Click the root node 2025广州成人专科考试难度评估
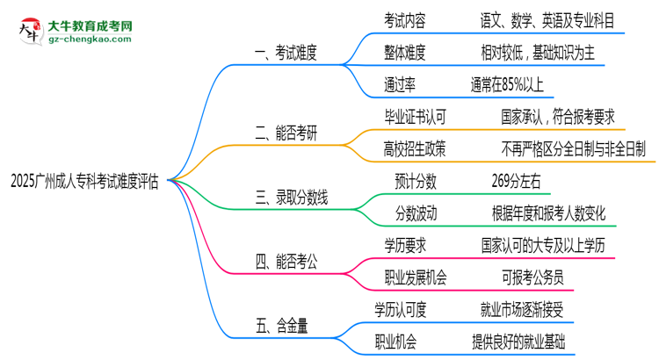85,180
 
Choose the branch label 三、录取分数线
291,199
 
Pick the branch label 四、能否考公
285,262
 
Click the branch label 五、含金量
279,327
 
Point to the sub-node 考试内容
404,18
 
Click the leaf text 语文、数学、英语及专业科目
554,18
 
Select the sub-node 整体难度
404,52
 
